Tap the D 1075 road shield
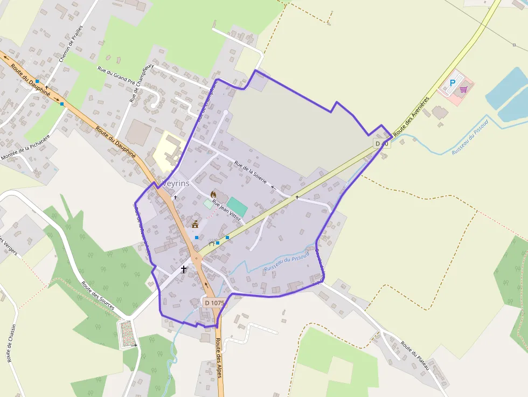[x=214, y=303]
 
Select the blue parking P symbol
[x=453, y=83]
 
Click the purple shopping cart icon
[x=463, y=89]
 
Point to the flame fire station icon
[x=213, y=194]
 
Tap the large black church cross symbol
[x=184, y=269]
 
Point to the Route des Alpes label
[x=219, y=358]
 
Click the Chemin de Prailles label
[x=71, y=43]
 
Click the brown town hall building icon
[x=195, y=224]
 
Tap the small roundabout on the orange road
[x=197, y=259]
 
